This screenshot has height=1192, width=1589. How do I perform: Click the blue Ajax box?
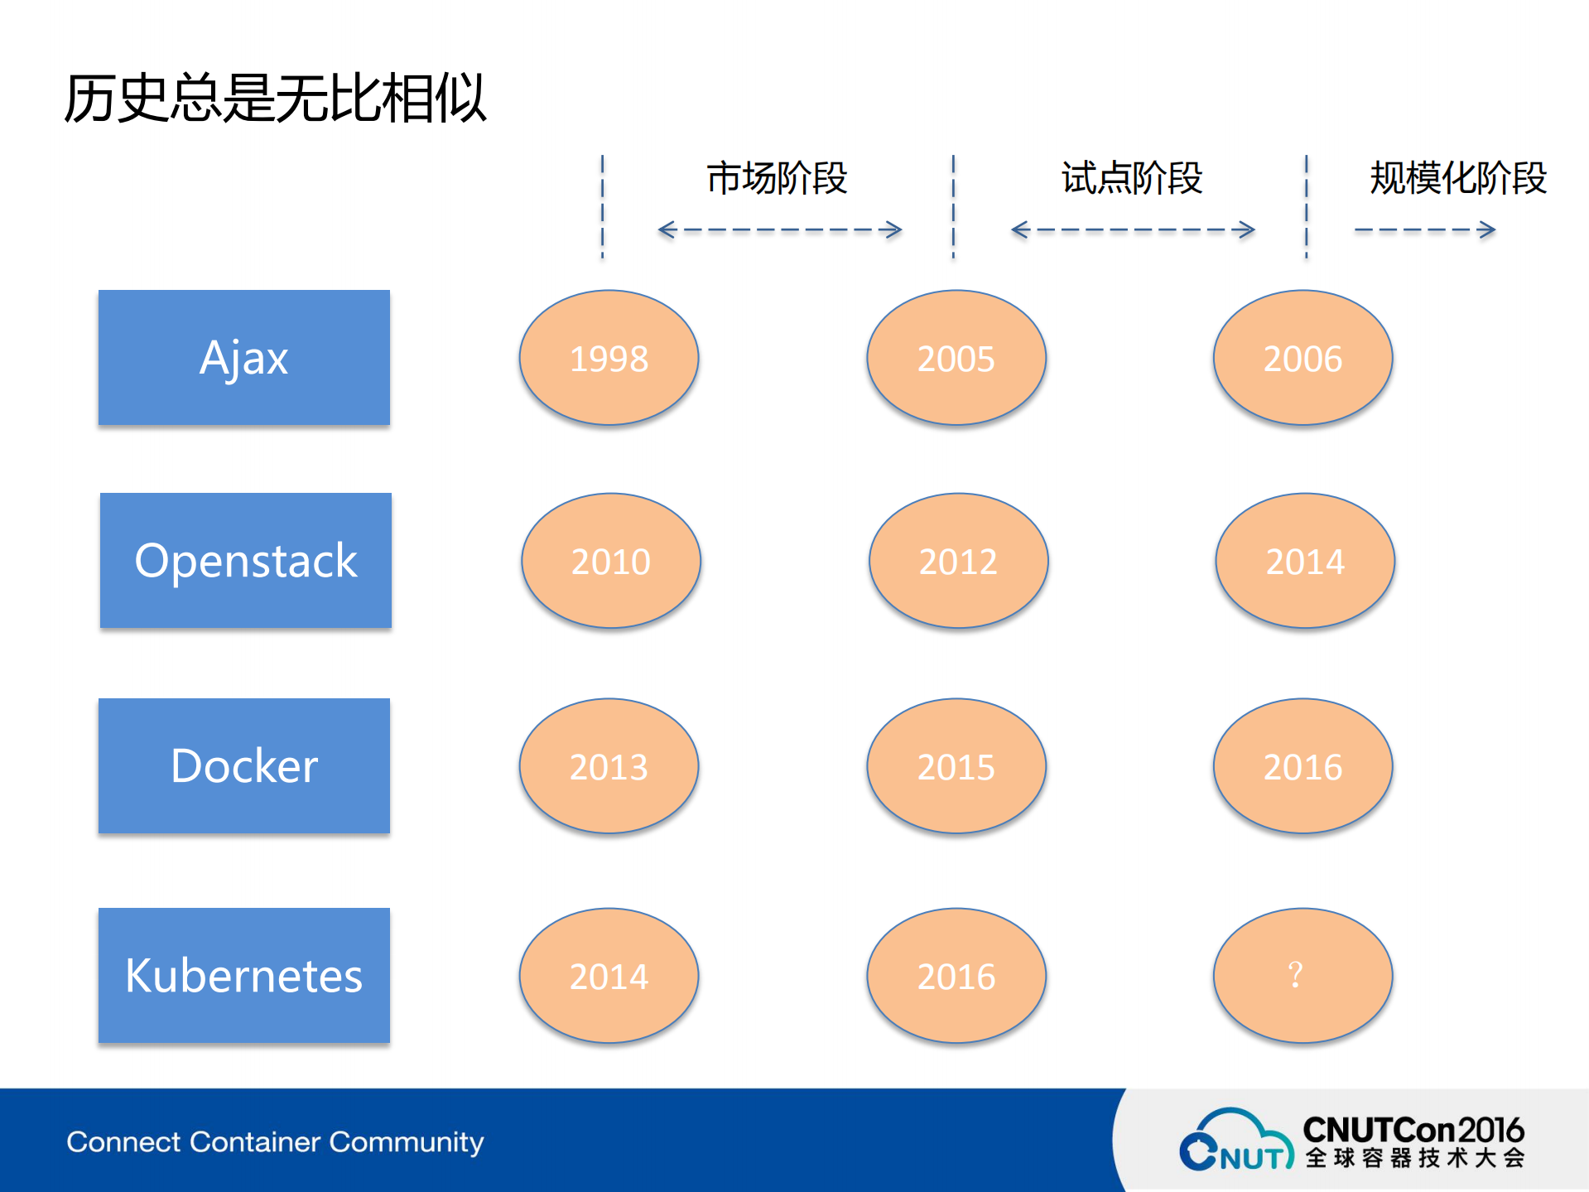(243, 358)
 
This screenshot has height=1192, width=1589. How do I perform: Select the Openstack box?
(245, 561)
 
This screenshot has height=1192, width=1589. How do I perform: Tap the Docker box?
(243, 765)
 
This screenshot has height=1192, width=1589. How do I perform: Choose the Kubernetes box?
(243, 975)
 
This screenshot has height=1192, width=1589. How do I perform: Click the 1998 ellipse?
(609, 358)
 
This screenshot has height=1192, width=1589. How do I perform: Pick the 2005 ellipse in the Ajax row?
(956, 358)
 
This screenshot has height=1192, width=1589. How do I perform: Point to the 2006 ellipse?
(1302, 358)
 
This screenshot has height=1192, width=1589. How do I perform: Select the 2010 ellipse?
(610, 561)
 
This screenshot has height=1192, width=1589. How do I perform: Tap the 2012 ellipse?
(958, 561)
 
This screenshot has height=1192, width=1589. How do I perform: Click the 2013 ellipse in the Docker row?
(609, 766)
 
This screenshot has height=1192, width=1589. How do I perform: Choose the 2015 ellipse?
(956, 766)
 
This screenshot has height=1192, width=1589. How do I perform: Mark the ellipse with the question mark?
(1302, 975)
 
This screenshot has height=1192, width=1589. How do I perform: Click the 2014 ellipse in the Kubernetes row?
(609, 975)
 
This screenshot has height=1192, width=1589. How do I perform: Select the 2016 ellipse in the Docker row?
(1302, 766)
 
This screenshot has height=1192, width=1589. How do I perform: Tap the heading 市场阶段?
(777, 178)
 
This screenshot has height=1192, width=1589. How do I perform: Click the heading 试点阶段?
(1131, 178)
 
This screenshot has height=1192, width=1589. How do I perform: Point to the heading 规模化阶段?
(1457, 178)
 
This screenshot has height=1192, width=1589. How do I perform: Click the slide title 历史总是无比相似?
(275, 99)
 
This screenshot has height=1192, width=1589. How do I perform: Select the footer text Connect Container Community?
(275, 1141)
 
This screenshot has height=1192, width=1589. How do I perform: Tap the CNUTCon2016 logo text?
(1413, 1130)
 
